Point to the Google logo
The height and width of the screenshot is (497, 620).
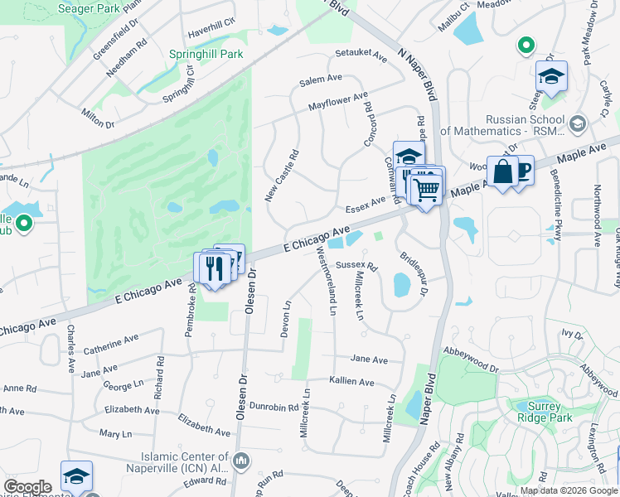27,487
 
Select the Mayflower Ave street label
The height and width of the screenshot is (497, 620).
337,102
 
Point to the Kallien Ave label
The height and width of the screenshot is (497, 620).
351,382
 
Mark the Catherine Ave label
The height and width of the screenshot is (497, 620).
110,342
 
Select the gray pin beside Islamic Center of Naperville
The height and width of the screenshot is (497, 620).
241,460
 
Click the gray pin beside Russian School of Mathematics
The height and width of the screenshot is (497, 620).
578,124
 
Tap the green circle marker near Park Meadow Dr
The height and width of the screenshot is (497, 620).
525,46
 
